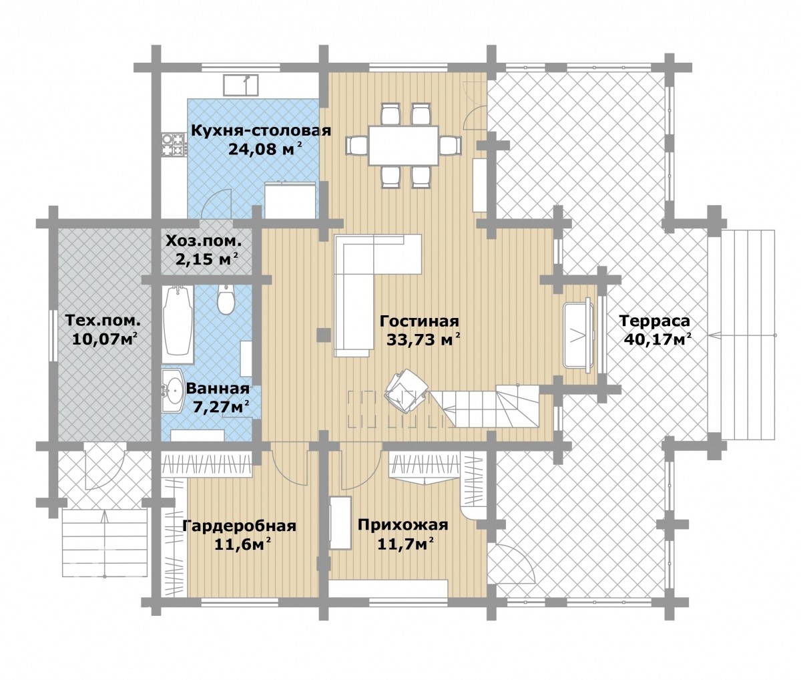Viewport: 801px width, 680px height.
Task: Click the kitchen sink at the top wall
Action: tap(241, 85)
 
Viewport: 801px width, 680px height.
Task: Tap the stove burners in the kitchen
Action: tap(173, 144)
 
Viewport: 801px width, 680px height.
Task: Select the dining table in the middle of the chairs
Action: tap(403, 145)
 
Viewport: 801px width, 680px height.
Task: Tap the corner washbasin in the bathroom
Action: tap(172, 390)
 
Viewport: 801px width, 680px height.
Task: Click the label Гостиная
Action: tap(419, 321)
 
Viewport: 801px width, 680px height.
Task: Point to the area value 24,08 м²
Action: tap(265, 148)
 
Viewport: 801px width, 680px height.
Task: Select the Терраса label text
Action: tap(655, 321)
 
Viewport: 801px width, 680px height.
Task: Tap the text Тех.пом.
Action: tap(103, 321)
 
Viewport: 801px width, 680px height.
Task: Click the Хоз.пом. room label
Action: tap(204, 241)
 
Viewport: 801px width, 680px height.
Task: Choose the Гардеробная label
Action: tap(239, 526)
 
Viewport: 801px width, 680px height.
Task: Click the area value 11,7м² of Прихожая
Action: tap(405, 544)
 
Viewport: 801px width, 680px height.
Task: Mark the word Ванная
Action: tap(218, 388)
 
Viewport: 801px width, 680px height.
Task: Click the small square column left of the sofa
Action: tap(323, 335)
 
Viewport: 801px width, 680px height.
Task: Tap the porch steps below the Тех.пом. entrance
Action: tap(105, 544)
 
